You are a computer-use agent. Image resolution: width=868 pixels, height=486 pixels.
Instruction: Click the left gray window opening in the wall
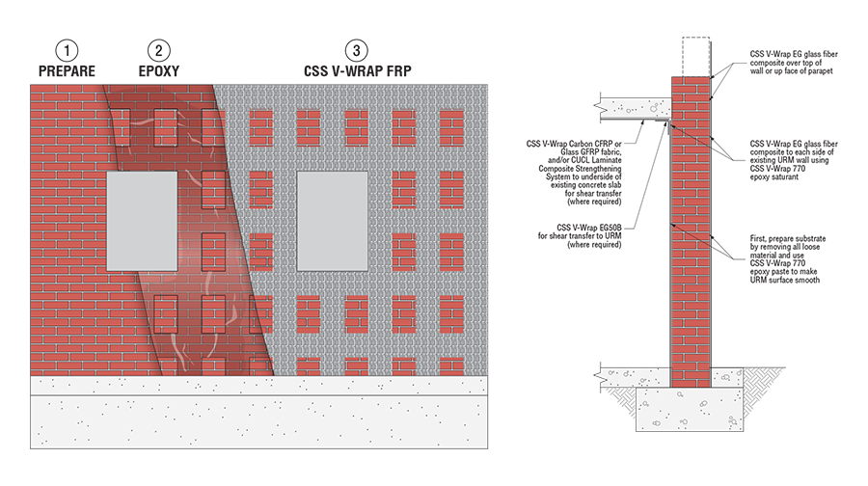142,219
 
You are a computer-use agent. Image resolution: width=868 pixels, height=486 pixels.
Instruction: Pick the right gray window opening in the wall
333,219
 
